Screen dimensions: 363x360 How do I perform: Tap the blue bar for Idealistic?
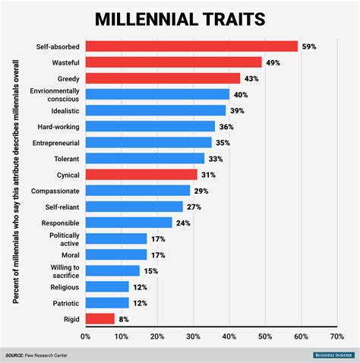point(155,110)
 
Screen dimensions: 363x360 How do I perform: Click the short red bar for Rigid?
point(99,319)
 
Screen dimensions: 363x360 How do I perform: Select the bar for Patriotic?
point(106,302)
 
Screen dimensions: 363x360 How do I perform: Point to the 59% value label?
point(309,46)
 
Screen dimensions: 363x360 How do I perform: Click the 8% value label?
point(123,319)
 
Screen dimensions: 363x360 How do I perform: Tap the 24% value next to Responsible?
point(182,223)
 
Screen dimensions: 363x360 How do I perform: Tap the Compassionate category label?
point(52,190)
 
